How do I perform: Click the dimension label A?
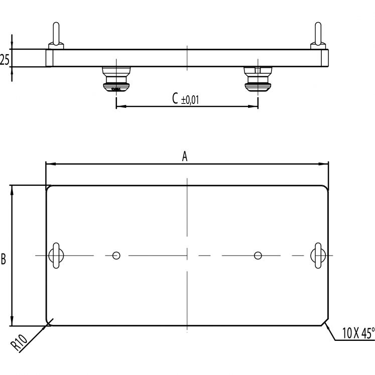pos(184,157)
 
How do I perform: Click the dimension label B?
pos(4,260)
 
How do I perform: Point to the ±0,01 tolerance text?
pos(190,100)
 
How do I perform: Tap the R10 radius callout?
pos(19,342)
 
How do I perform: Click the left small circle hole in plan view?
pos(116,256)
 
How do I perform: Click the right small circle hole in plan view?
pos(258,256)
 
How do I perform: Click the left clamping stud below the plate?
pos(116,80)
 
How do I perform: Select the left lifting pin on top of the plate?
pos(55,37)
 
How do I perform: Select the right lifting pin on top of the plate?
pos(318,37)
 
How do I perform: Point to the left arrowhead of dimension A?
pos(49,164)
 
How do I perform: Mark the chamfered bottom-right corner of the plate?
pos(325,323)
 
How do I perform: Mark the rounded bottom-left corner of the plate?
pos(49,323)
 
